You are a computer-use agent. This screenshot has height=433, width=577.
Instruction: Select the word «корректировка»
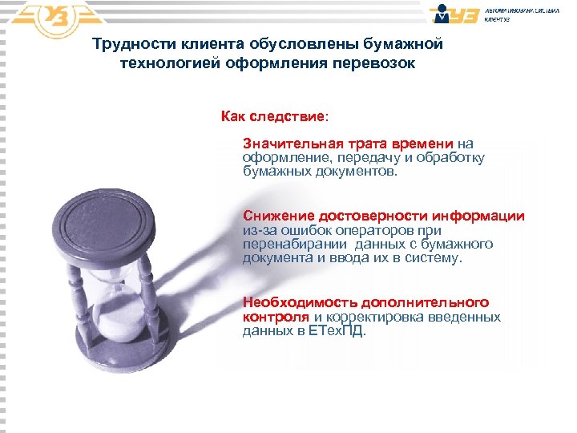(x=376, y=317)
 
